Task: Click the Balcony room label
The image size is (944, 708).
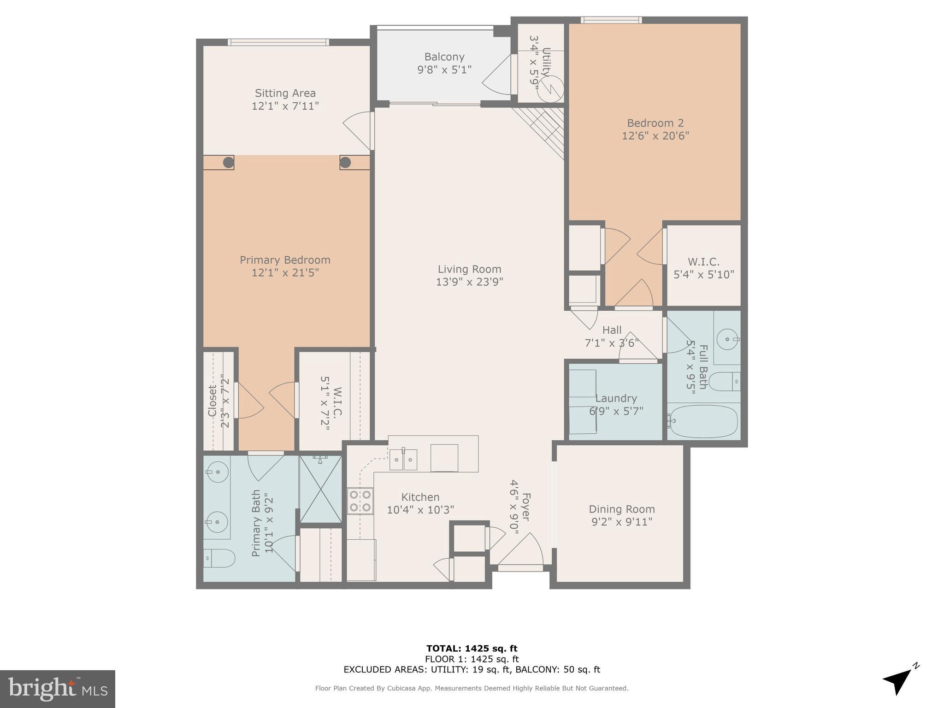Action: point(444,57)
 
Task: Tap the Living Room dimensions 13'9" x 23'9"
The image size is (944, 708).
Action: point(469,282)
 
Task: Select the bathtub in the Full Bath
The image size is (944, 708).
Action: point(703,421)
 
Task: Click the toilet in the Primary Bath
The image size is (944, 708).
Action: point(219,558)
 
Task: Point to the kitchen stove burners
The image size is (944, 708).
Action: point(360,501)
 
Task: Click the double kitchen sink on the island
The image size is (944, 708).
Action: point(403,460)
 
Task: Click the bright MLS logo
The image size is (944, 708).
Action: point(57,689)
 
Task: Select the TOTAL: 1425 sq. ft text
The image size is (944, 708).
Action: point(472,649)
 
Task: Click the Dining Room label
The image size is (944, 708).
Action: point(621,509)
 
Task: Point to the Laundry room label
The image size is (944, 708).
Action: point(616,398)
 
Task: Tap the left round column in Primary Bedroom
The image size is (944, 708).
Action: point(228,162)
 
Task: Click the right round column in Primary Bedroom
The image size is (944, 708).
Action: point(345,162)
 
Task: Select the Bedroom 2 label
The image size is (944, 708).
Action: point(655,123)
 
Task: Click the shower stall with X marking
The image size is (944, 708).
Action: point(320,489)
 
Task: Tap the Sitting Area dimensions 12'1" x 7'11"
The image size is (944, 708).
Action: point(285,106)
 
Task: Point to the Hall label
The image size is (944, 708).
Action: point(612,330)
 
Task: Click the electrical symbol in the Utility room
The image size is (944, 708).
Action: point(551,88)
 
